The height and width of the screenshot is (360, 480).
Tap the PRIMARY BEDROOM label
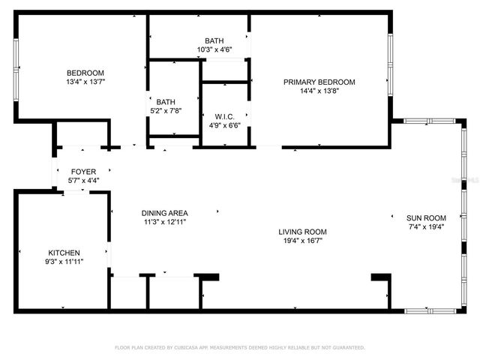coord(319,82)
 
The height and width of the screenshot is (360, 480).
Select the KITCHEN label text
coord(64,253)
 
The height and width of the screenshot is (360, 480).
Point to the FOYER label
coord(83,172)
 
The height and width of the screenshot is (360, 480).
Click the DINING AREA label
coord(165,213)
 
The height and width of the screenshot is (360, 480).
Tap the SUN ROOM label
coord(426,217)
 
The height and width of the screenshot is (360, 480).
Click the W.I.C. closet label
coord(224,116)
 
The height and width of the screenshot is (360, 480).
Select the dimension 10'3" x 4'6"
coord(214,50)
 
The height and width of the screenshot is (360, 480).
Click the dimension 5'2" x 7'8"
coord(165,111)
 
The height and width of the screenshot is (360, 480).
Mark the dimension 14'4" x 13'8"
coord(319,91)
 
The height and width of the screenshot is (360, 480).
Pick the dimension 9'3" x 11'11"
coord(64,262)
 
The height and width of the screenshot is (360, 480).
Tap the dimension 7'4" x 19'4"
coord(426,226)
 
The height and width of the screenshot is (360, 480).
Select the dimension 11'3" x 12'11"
coord(165,222)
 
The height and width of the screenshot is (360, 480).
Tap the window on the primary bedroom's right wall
coord(389,63)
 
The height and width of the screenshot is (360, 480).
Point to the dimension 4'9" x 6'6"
coord(224,125)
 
